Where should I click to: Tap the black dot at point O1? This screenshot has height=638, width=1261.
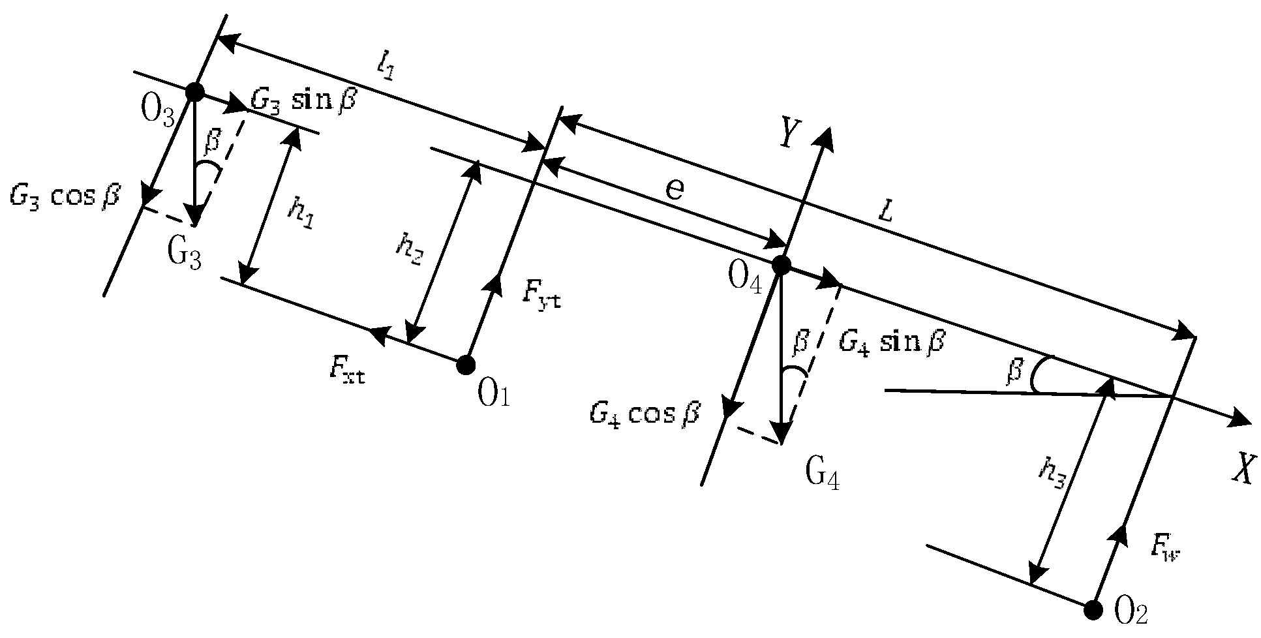pyautogui.click(x=465, y=365)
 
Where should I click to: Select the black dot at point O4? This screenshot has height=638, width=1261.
pyautogui.click(x=781, y=265)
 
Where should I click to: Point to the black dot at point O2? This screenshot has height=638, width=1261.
pyautogui.click(x=1093, y=611)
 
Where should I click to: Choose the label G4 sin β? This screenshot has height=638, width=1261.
pyautogui.click(x=891, y=342)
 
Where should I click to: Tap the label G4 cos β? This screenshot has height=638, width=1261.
pyautogui.click(x=645, y=413)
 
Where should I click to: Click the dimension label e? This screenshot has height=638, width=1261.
pyautogui.click(x=675, y=189)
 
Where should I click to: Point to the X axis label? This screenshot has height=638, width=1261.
pyautogui.click(x=1242, y=468)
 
